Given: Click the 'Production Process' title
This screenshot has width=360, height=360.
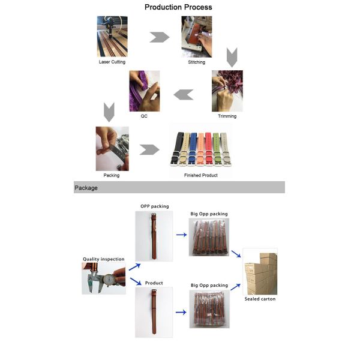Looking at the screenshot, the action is pos(178,7).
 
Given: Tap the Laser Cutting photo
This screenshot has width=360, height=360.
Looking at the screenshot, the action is pos(112,36).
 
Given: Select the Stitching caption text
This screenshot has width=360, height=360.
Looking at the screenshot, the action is pos(197,62).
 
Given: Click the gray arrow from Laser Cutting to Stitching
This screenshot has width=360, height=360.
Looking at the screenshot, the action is pos(160,37).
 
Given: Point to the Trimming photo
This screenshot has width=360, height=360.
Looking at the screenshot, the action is pos(227,91).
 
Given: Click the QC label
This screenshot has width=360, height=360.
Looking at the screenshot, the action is pos(144,116).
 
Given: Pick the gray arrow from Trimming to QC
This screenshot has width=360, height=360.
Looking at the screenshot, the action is pos(184,95).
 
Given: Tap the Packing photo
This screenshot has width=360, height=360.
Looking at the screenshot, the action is pos(112,149).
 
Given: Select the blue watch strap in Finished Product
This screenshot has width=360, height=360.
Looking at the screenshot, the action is pos(193,149).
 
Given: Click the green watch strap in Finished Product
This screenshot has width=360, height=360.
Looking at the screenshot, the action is pos(216,149).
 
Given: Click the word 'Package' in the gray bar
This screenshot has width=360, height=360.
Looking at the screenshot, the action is pos(86,188).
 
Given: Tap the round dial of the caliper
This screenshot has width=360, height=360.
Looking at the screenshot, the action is pos(109,280).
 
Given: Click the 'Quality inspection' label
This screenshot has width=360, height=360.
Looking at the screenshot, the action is pos(104,259).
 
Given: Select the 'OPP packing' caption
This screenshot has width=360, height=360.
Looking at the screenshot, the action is pos(155,206).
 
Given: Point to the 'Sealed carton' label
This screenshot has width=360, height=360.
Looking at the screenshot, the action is pos(260,299).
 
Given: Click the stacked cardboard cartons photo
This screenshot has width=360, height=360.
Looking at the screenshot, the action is pos(260,271).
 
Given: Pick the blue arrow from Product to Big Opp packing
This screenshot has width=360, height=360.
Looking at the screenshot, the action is pos(181,312).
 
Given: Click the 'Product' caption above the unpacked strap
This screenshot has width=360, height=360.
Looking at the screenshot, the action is pos(154,283).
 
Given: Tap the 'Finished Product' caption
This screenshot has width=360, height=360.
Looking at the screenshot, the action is pos(201,175).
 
